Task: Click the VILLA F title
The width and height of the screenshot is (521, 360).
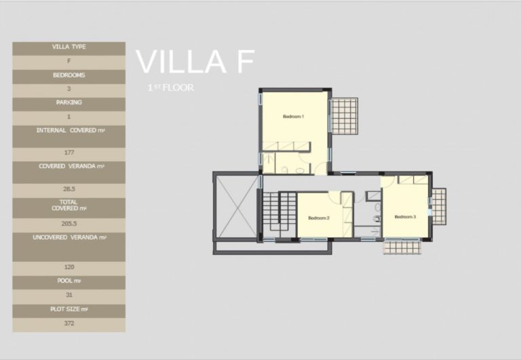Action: (195, 62)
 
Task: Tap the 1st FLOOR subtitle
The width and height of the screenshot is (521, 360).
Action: (171, 88)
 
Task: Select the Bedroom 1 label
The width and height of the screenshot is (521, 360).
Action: (293, 117)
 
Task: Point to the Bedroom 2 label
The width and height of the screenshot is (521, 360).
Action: (318, 218)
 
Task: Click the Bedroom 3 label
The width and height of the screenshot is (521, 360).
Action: (404, 217)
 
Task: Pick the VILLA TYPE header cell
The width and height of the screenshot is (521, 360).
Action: (69, 47)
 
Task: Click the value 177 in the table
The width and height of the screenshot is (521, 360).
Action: (69, 153)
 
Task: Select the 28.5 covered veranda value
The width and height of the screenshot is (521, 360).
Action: (69, 191)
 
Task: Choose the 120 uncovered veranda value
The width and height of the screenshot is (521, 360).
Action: (69, 268)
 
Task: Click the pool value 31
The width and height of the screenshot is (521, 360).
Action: (69, 295)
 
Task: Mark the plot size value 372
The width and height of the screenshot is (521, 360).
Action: (69, 323)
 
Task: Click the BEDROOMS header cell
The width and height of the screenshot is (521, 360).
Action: (69, 75)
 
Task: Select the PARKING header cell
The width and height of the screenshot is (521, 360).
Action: (69, 103)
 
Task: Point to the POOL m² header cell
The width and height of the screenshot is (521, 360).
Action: (69, 281)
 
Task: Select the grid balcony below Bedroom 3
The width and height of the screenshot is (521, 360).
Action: (402, 247)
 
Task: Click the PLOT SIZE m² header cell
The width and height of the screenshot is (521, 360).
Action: (69, 309)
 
